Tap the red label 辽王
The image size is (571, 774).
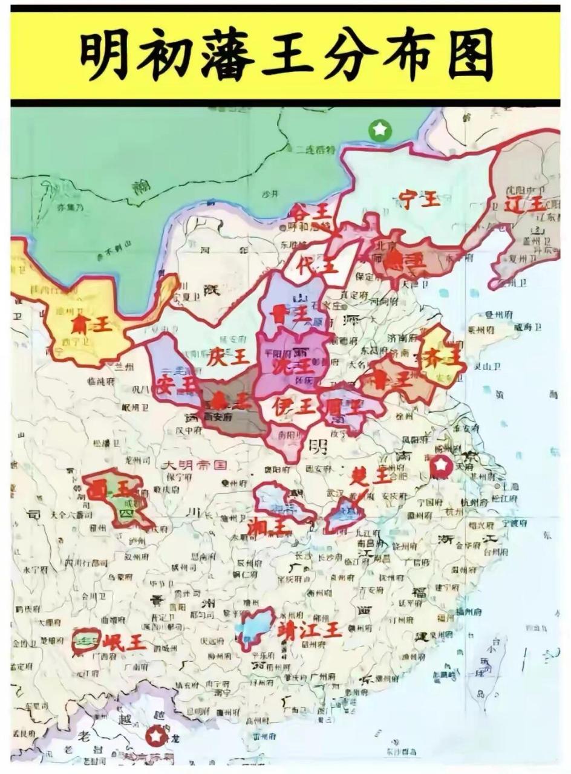524,204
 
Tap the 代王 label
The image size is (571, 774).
320,265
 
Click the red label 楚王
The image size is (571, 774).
371,476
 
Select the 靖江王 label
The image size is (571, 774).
309,630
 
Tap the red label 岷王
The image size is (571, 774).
124,643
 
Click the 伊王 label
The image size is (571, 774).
294,406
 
